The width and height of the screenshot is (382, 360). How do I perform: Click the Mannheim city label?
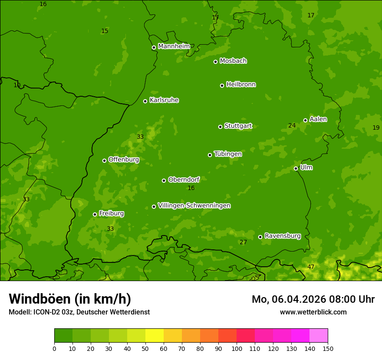point(174,46)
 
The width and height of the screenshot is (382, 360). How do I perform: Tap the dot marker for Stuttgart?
point(220,127)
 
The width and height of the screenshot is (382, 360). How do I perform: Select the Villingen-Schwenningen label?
point(194,206)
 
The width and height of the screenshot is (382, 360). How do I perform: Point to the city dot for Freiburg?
point(95,214)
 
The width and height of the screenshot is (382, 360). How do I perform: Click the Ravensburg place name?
point(282,236)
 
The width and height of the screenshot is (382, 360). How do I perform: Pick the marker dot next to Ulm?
point(296,168)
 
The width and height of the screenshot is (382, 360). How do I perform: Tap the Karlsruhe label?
point(164,100)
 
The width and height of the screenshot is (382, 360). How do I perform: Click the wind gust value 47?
point(311,267)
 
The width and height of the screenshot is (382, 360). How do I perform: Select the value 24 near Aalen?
point(292,126)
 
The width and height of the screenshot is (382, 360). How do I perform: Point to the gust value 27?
point(243,242)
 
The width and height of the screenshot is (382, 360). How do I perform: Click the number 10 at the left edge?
point(17,85)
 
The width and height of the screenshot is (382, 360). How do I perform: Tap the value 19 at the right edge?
point(376,128)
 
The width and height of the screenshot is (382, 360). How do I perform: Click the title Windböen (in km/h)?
point(70,299)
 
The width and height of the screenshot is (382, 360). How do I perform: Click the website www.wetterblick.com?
point(313,312)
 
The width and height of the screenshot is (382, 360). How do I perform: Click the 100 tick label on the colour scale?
point(237,348)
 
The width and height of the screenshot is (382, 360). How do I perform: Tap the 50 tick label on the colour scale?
point(145,348)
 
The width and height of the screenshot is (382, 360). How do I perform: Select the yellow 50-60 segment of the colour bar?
point(155,336)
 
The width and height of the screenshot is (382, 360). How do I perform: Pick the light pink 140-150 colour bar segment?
point(319,336)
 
